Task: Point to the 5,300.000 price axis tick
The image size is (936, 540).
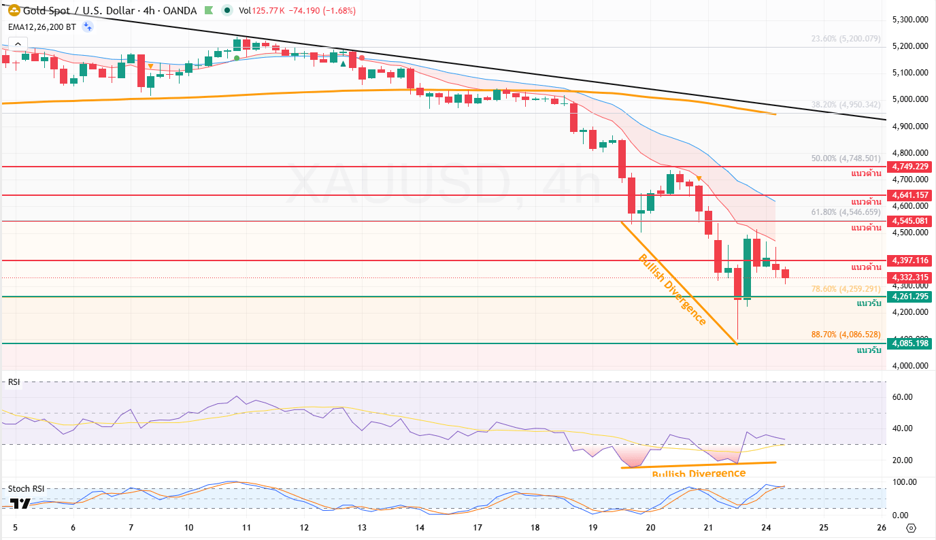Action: tap(911, 20)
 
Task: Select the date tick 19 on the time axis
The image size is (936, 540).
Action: tap(592, 528)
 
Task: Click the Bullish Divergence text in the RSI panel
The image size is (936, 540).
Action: tap(699, 473)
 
